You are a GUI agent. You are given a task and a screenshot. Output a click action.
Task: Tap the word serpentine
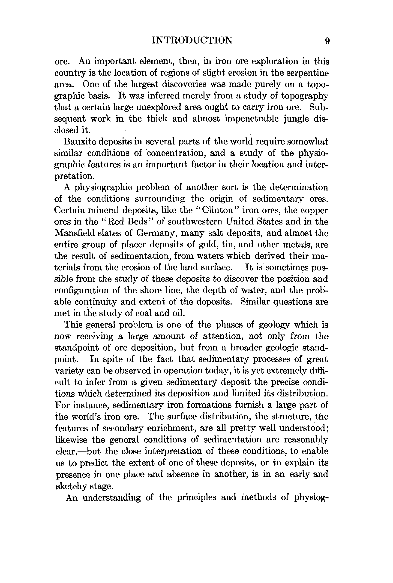coord(307,73)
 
